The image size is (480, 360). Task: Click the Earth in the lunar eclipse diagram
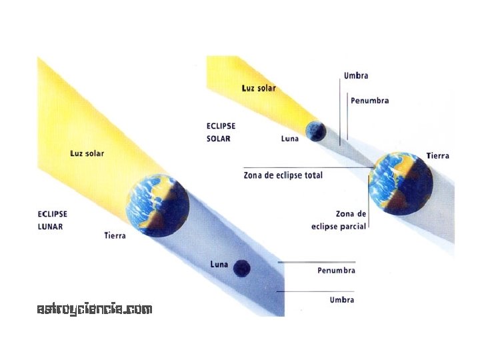[157, 206]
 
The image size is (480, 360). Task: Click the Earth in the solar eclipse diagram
[401, 183]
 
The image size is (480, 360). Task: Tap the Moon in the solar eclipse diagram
[315, 131]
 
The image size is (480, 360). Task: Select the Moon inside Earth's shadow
[241, 268]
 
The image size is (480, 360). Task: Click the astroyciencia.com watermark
[95, 309]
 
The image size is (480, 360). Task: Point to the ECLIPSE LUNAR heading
[52, 220]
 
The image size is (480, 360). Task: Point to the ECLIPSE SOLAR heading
[221, 132]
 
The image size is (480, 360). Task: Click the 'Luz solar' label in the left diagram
[87, 153]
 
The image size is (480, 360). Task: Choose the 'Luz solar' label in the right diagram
[259, 88]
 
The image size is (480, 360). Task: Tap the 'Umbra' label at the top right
[356, 76]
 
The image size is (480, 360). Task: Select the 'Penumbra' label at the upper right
[369, 101]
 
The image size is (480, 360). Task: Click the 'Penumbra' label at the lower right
[336, 271]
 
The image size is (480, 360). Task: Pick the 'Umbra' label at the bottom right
[341, 300]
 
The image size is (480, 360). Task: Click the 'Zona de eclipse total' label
[283, 175]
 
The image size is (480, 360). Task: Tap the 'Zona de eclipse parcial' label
[339, 221]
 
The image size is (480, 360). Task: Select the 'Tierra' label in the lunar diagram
[115, 235]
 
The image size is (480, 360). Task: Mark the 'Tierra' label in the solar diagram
[438, 156]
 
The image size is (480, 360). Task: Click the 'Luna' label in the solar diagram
[289, 139]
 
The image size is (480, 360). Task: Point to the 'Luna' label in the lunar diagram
[219, 265]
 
